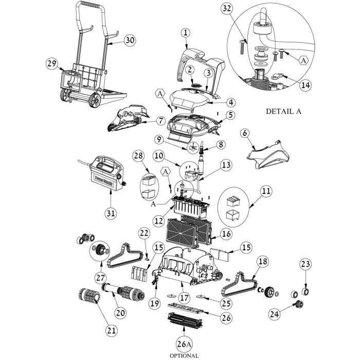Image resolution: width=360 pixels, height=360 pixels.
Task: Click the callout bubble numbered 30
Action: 130,40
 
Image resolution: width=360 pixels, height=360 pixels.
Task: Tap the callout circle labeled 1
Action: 186,32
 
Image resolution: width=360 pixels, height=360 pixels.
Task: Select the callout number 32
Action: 227,9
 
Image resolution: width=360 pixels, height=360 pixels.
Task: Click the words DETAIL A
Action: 283,112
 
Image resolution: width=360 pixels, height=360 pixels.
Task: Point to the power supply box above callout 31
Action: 107,173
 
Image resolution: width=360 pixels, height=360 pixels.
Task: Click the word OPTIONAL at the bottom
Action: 184,356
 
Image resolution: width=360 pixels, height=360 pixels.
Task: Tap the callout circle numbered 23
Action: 305,264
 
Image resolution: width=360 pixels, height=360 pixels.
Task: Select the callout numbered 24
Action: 275,313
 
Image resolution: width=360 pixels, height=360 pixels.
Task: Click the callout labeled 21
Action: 112,330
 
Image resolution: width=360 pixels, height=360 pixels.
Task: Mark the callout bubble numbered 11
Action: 266,191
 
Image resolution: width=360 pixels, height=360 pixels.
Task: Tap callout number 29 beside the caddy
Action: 51,64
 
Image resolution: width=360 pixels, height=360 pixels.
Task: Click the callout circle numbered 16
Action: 226,233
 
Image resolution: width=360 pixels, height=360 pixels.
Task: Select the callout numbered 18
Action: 263,261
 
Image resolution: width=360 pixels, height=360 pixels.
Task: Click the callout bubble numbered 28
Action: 139,156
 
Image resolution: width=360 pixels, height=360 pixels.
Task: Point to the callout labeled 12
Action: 159,221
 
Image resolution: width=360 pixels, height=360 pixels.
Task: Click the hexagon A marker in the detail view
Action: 303,60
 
